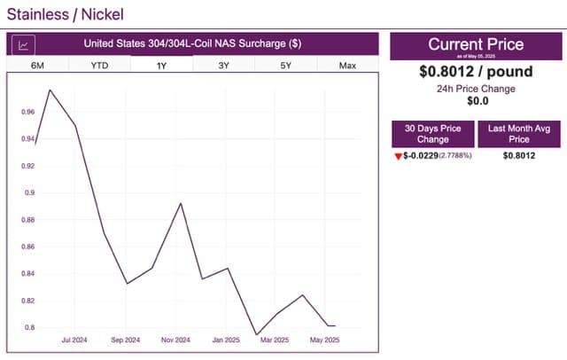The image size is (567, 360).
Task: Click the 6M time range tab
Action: [x=37, y=66]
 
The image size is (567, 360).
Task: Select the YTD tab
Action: [x=99, y=66]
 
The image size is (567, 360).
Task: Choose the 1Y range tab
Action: [x=161, y=66]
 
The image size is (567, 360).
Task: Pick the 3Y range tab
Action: [x=223, y=66]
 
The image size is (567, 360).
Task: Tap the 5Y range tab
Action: [x=285, y=66]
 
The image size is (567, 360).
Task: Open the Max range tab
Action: [x=347, y=66]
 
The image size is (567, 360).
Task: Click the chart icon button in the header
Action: [x=24, y=44]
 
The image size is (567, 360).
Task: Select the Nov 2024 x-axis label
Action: [x=175, y=340]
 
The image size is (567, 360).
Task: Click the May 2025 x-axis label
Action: [x=323, y=340]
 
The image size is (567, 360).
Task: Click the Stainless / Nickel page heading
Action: [x=66, y=14]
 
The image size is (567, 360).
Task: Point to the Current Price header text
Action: [x=476, y=43]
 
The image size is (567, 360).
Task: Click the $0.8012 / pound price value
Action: [x=476, y=72]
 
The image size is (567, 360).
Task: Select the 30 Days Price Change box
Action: [x=433, y=134]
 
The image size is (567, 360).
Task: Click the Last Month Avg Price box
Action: [x=518, y=134]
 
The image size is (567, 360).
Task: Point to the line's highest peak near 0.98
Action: [x=50, y=90]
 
